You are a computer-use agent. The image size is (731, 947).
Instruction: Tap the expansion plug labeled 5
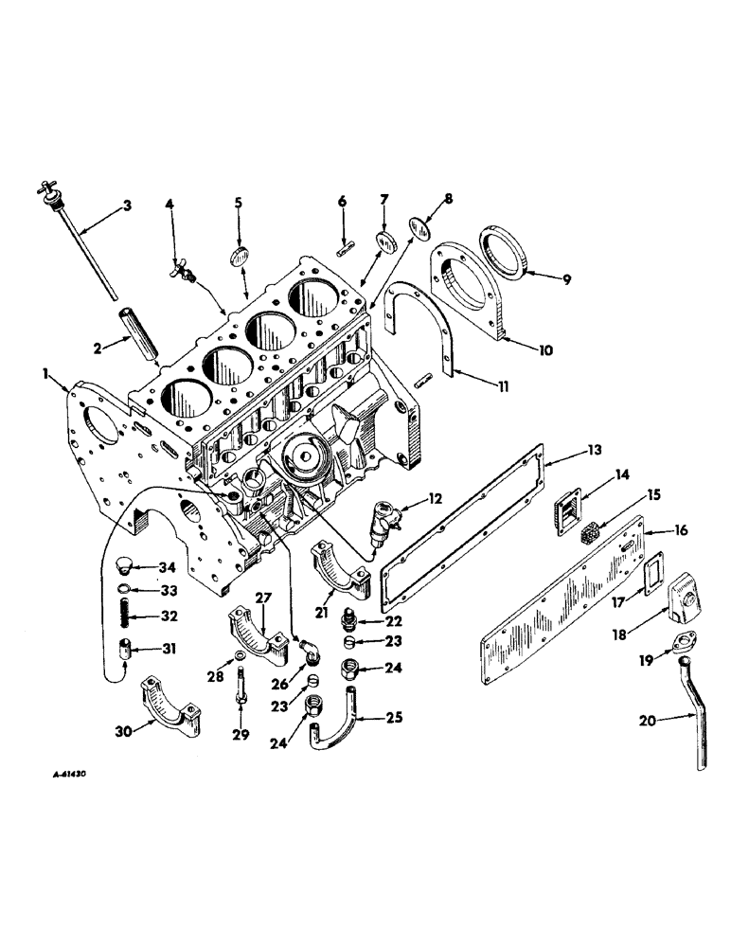pos(239,259)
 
